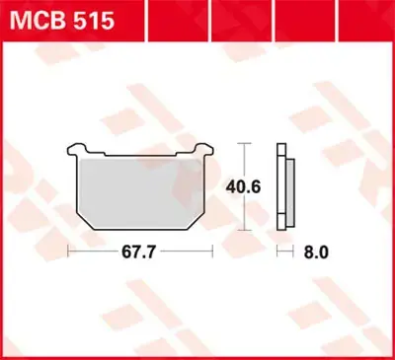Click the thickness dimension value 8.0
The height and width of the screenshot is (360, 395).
pyautogui.click(x=316, y=252)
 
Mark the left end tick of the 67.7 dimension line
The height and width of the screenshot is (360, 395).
pyautogui.click(x=66, y=252)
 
